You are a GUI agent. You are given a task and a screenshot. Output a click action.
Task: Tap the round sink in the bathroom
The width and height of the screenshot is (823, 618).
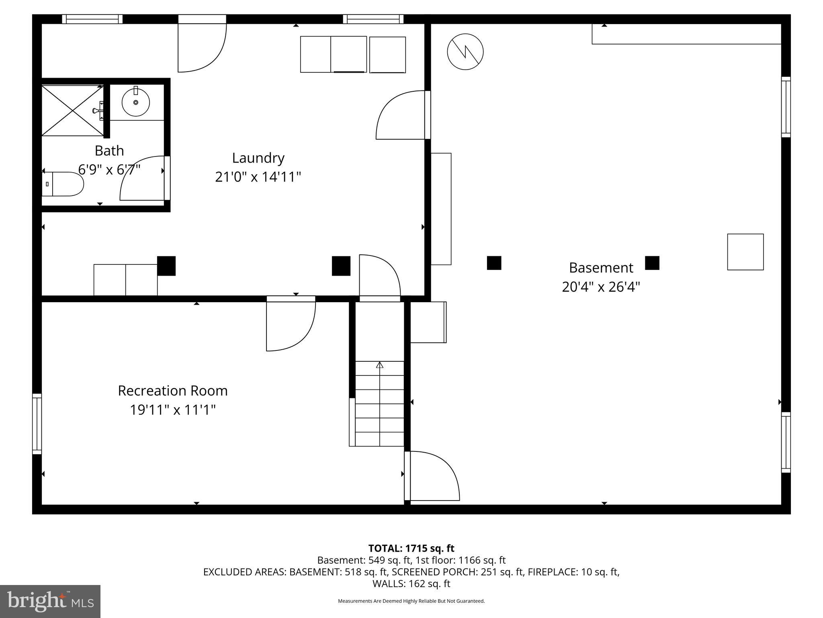[136, 102]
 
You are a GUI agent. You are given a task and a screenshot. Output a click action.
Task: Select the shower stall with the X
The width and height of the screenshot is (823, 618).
[72, 110]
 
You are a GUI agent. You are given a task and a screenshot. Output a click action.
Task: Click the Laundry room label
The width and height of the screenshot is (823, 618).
[258, 158]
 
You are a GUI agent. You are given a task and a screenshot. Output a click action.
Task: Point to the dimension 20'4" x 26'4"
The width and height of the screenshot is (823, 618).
[601, 287]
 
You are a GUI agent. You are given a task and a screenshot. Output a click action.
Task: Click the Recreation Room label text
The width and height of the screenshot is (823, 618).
[172, 391]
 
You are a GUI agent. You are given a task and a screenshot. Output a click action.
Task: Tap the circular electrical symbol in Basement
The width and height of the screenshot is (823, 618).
[465, 51]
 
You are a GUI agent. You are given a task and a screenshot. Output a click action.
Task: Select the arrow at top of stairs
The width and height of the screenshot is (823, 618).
[379, 365]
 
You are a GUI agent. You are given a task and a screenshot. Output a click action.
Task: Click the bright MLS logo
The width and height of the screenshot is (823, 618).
[50, 601]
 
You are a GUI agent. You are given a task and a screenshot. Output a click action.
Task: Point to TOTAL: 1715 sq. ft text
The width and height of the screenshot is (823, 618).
[411, 548]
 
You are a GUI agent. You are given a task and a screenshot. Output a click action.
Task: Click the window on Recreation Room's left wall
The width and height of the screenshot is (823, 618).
[37, 424]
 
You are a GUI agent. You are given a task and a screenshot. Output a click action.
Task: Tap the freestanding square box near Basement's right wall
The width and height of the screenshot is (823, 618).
[745, 252]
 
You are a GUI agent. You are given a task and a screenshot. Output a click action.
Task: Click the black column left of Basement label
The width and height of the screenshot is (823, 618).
[494, 263]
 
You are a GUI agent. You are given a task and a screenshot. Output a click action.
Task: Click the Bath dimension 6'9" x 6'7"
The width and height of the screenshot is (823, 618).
[109, 169]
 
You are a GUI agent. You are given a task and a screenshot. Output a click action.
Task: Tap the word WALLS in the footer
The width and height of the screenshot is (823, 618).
[387, 584]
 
